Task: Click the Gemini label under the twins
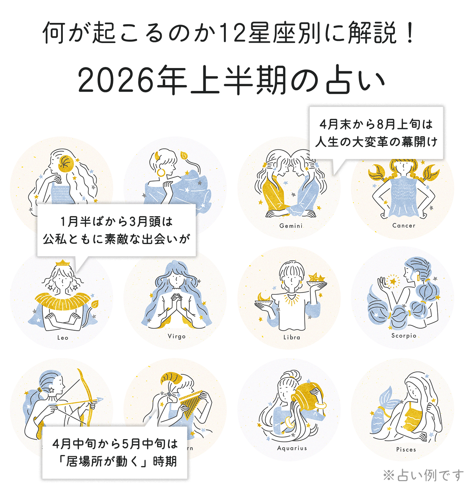[290, 226]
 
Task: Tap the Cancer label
[404, 226]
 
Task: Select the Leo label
[63, 338]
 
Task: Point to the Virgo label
[177, 336]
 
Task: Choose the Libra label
[291, 337]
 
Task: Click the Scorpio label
[404, 335]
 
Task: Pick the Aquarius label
[292, 448]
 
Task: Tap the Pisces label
[406, 450]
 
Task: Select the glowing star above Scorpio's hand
[393, 282]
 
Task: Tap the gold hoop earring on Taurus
[161, 172]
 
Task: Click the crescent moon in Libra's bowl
[264, 297]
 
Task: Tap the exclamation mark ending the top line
[409, 33]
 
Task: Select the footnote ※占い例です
[423, 475]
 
